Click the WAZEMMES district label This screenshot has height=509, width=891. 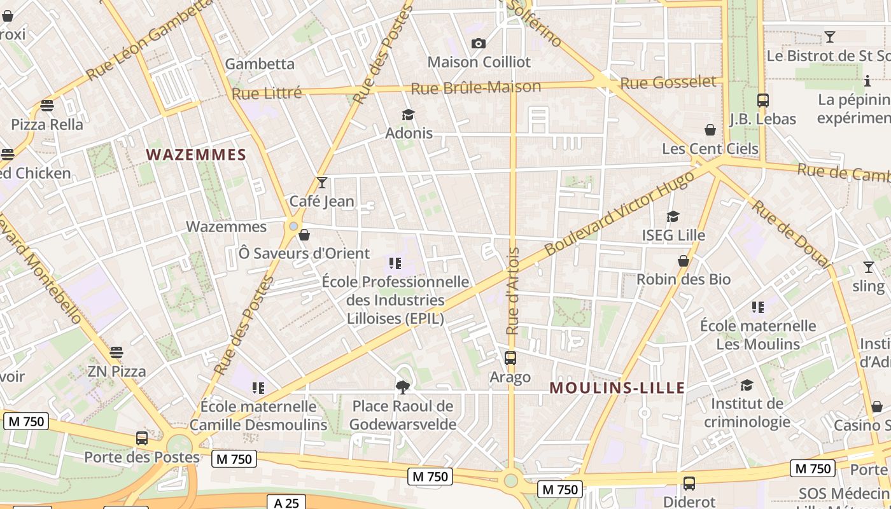pos(196,155)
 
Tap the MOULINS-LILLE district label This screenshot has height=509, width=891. pos(617,387)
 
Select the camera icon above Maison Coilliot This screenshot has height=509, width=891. pos(479,43)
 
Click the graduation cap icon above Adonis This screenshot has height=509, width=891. pos(408,115)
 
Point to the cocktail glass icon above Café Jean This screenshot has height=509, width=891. pos(322,183)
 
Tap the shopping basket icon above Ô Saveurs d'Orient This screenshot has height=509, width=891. pos(304,235)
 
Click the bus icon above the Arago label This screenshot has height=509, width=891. pos(510,358)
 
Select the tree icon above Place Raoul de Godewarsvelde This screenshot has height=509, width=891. pos(402,386)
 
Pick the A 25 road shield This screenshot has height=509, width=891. pos(286,503)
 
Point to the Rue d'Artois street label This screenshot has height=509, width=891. pos(513,291)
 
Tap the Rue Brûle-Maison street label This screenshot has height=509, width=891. pos(476,88)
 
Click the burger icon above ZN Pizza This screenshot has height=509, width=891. pos(116,352)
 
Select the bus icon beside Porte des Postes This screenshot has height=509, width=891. pos(142,438)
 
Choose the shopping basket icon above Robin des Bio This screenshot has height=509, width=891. pos(684,261)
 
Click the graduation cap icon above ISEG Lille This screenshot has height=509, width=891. pos(673,217)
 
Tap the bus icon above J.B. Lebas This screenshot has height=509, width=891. pos(762,100)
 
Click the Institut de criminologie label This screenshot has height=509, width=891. pos(747,412)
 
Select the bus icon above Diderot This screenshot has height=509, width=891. pos(689,484)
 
